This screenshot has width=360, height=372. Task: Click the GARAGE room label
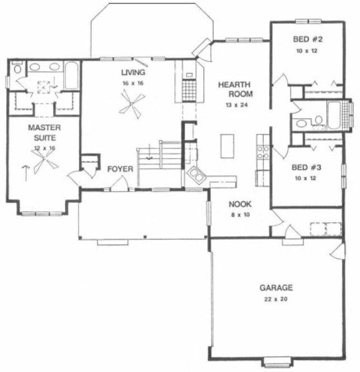275,288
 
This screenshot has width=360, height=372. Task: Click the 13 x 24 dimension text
231,105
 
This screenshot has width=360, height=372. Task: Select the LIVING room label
133,72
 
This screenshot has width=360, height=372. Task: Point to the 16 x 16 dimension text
133,83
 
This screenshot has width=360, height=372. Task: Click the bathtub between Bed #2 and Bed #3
335,114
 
